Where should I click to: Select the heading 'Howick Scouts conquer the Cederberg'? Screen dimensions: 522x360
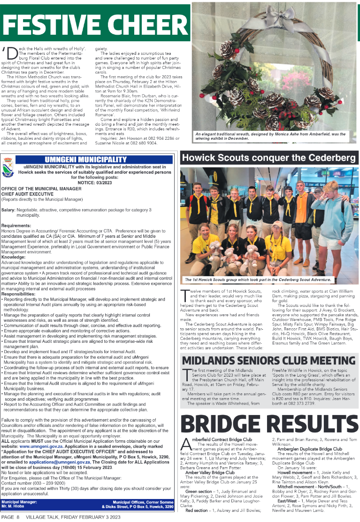[x=268, y=158]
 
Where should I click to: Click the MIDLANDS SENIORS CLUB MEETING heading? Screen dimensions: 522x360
[x=269, y=360]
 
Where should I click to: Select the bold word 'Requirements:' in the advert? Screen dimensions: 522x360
[x=16, y=226]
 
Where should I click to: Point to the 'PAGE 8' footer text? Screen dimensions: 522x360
[x=10, y=517]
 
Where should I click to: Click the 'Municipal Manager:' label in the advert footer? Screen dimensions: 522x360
[x=18, y=502]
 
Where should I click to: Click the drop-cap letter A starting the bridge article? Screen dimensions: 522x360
[x=185, y=443]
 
